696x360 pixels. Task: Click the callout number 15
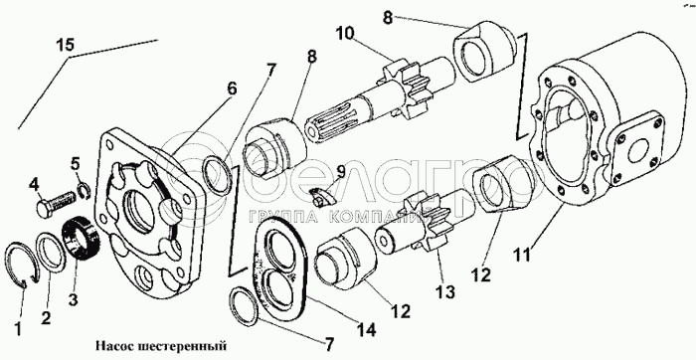point(66,45)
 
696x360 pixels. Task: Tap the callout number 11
point(522,255)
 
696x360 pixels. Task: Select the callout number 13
point(444,291)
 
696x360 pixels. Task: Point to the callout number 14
point(367,329)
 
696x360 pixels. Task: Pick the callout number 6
point(232,89)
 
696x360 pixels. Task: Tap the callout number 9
point(341,171)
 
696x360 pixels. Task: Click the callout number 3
point(73,298)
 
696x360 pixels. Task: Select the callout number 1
point(18,329)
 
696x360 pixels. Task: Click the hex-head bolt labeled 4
point(55,202)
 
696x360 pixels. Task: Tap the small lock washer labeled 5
point(85,190)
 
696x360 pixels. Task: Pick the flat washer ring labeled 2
point(50,255)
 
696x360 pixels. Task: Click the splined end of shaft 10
point(333,127)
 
